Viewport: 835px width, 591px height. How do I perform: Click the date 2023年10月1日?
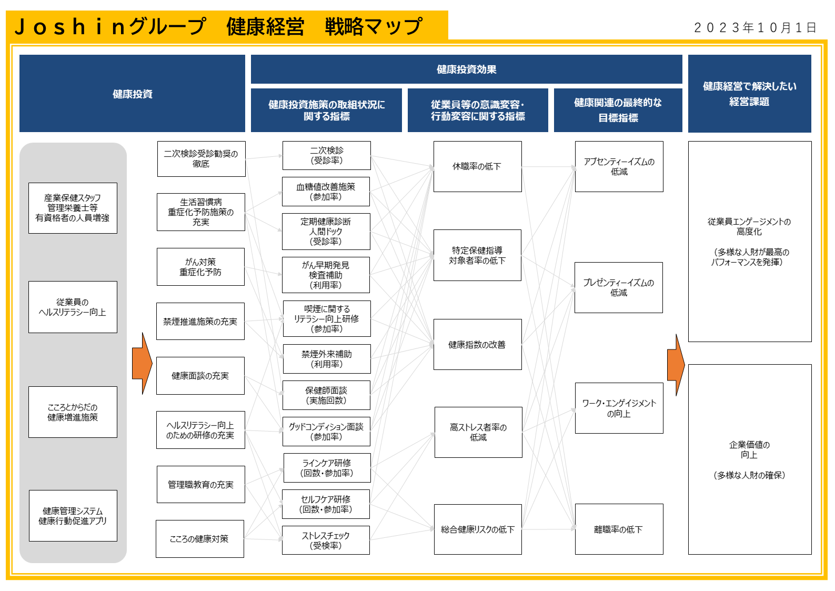coord(755,27)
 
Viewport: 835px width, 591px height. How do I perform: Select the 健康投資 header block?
coord(132,94)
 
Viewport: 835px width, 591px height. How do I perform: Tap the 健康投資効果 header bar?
coord(466,69)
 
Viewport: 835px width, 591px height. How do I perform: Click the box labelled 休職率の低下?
coord(477,166)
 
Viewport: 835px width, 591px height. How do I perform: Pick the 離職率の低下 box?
coord(619,529)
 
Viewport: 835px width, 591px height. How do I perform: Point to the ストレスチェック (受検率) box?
coord(326,540)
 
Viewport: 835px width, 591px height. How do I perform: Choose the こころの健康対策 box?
coord(199,538)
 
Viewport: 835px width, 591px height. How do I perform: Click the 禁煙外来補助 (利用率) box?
coord(326,359)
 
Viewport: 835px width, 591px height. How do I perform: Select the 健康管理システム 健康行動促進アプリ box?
coord(73,516)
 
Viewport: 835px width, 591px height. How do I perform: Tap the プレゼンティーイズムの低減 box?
coord(618,287)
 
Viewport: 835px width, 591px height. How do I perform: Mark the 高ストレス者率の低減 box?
coord(478,432)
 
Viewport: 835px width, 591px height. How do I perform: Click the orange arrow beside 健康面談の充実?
coord(142,363)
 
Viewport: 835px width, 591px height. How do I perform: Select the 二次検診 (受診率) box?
coord(326,155)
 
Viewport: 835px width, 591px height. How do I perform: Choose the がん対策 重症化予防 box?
coord(200,267)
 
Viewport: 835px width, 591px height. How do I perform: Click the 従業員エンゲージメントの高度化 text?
coord(749,226)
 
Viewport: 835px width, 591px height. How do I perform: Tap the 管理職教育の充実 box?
coord(200,484)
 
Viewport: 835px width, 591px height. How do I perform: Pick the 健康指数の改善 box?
coord(477,344)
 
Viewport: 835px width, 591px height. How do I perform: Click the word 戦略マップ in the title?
coord(373,26)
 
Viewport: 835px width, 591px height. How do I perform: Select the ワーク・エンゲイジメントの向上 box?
coord(619,408)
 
